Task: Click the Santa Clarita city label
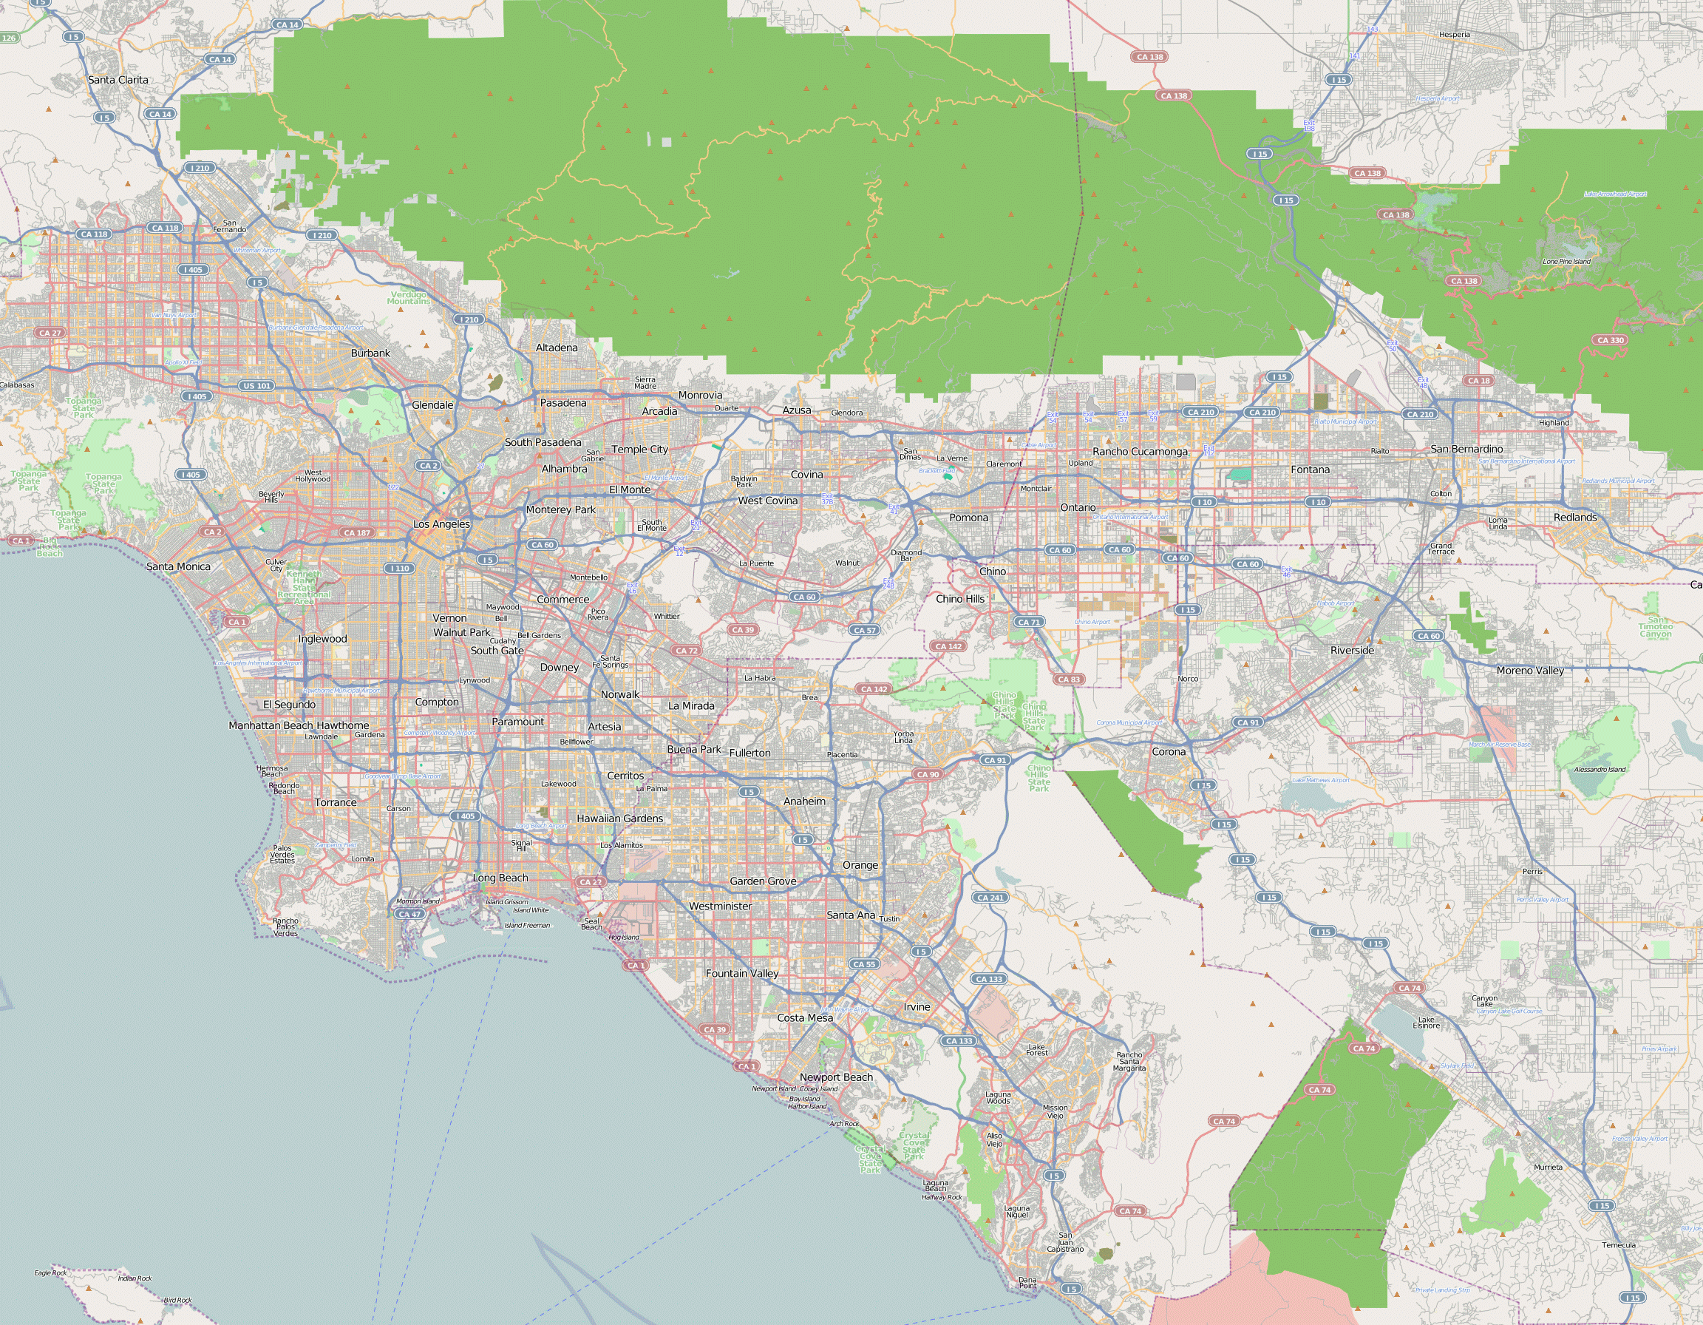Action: coord(118,80)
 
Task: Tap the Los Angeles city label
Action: coord(441,524)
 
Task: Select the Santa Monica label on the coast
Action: coord(179,566)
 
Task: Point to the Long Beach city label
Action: coord(500,878)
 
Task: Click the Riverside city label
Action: coord(1352,651)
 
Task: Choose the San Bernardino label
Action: coord(1466,450)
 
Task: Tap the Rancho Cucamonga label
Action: coord(1139,452)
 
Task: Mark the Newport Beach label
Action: coord(836,1077)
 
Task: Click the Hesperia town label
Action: coord(1454,35)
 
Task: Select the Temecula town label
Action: coord(1618,1244)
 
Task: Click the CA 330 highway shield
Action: coord(1610,340)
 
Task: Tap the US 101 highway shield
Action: coord(256,385)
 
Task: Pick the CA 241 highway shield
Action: coord(990,898)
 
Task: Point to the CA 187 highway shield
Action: coord(357,532)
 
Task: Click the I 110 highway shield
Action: coord(400,569)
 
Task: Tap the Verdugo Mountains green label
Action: coord(408,298)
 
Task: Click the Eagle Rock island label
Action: coord(50,1273)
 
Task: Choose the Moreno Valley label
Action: coord(1530,671)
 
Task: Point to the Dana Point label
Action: coord(1027,1282)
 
